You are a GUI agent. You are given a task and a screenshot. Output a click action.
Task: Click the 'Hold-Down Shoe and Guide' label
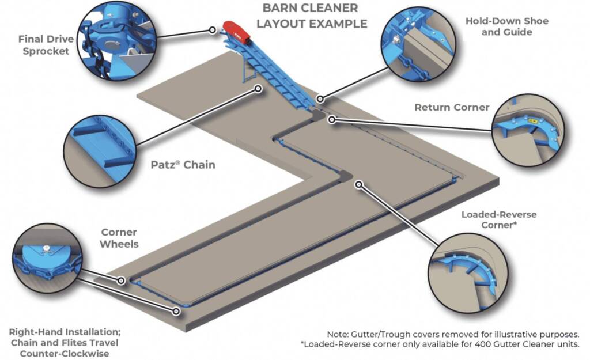pos(506,26)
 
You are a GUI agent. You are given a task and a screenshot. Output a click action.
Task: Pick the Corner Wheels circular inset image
pos(47,259)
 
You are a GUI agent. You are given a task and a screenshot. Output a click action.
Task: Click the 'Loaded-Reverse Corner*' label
pos(498,219)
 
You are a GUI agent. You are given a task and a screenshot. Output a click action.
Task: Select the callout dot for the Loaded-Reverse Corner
pos(359,185)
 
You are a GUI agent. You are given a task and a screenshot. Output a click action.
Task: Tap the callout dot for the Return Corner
pos(331,119)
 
